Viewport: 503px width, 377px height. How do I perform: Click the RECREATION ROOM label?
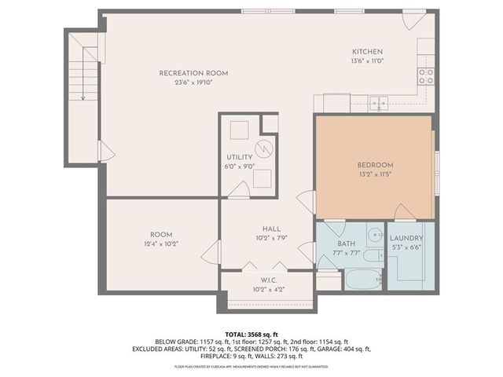[x=185, y=73]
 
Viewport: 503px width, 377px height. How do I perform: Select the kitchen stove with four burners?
[x=426, y=75]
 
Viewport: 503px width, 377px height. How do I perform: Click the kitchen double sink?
[x=379, y=102]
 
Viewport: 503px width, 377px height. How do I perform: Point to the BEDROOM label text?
[x=375, y=164]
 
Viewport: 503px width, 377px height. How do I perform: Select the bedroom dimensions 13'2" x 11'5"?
[x=375, y=174]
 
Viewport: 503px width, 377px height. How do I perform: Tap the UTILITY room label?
[x=240, y=157]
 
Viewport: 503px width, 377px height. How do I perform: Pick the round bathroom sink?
[x=376, y=233]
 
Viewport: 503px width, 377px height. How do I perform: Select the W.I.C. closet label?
[x=266, y=280]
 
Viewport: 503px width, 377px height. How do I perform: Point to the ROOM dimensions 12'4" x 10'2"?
[x=161, y=244]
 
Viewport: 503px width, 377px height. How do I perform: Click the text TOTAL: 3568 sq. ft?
[x=251, y=335]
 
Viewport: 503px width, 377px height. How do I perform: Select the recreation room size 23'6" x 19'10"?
[x=185, y=82]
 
